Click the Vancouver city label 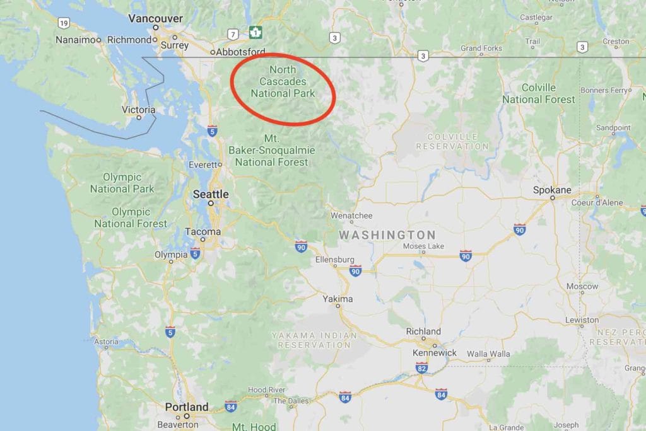point(155,19)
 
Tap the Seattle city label point(210,194)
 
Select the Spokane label point(552,190)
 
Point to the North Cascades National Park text point(282,81)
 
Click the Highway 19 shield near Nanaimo point(63,23)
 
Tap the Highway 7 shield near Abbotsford point(233,34)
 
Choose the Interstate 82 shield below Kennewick point(421,367)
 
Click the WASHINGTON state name point(387,235)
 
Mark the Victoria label point(138,110)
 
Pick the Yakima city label point(338,299)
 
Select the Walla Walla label point(488,354)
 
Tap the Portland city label point(187,407)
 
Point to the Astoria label point(106,342)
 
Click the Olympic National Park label point(122,183)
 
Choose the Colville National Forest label point(539,93)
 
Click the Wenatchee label point(351,215)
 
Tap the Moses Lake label point(423,246)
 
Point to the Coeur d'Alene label point(597,203)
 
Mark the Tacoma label point(203,231)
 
